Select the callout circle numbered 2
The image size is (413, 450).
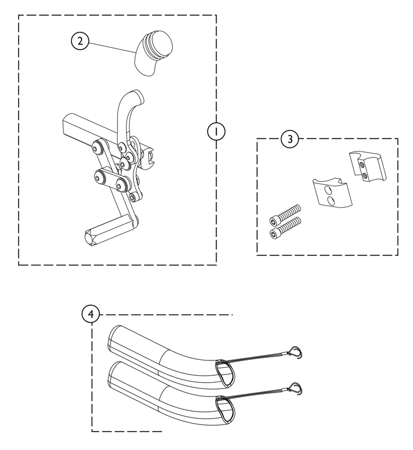[x=79, y=41]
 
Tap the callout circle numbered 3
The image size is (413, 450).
[x=289, y=139]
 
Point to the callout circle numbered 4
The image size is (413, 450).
[x=91, y=314]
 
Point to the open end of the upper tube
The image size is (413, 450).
[x=223, y=369]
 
